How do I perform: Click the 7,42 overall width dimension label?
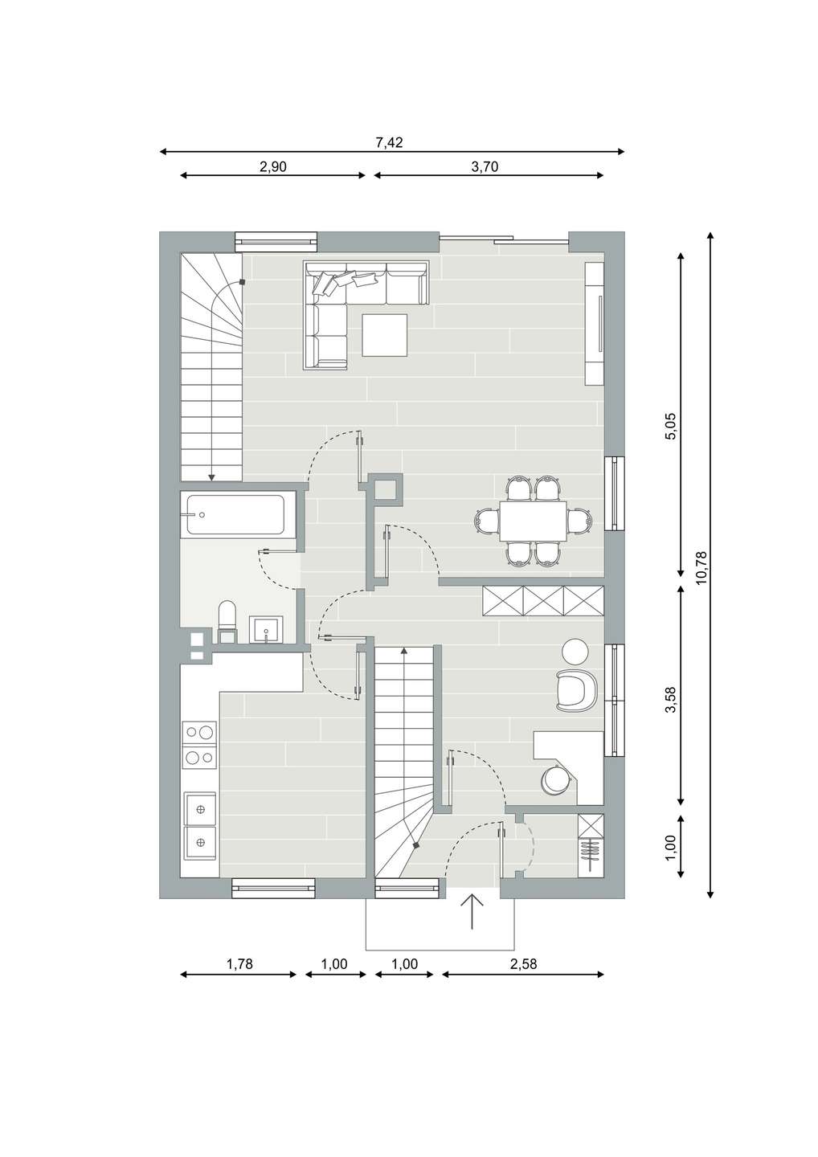pyautogui.click(x=390, y=142)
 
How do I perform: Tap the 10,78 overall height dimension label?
pyautogui.click(x=701, y=568)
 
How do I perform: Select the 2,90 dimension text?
pyautogui.click(x=272, y=167)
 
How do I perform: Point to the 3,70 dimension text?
pyautogui.click(x=485, y=167)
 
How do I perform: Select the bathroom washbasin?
pyautogui.click(x=266, y=630)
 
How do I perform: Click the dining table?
pyautogui.click(x=533, y=521)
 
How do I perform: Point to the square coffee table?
pyautogui.click(x=385, y=335)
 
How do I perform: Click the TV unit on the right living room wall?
pyautogui.click(x=594, y=323)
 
